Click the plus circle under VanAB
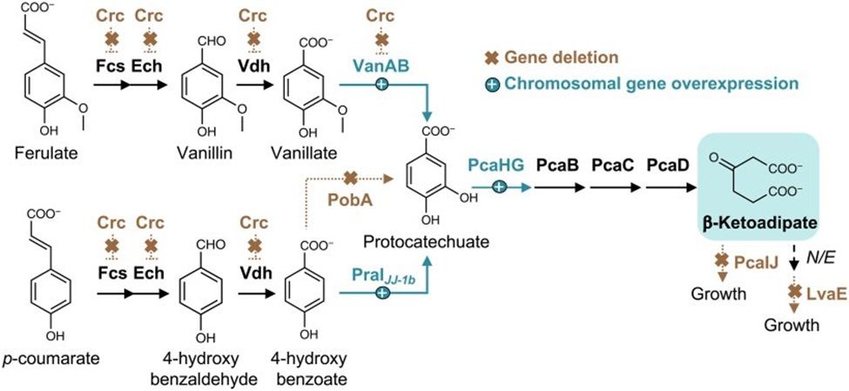pos(381,85)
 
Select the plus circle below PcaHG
pos(500,185)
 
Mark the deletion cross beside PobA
pos(351,179)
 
